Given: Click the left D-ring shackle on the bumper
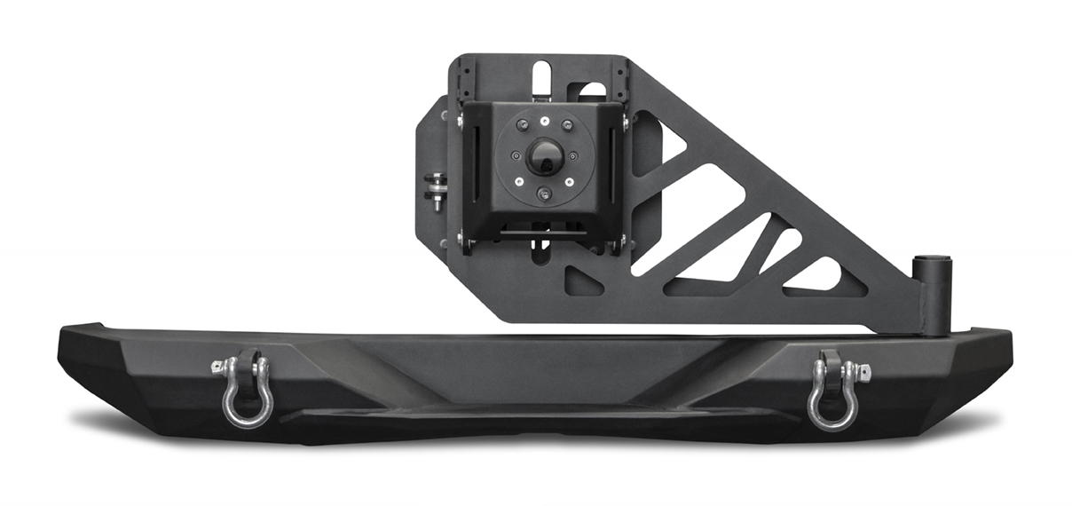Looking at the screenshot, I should [x=243, y=391].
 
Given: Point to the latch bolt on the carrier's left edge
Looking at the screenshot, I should [x=436, y=190].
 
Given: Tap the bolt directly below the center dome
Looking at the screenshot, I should [x=544, y=194].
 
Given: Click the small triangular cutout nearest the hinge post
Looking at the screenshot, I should [x=815, y=274].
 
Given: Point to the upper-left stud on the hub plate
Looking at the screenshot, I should [x=521, y=124].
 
